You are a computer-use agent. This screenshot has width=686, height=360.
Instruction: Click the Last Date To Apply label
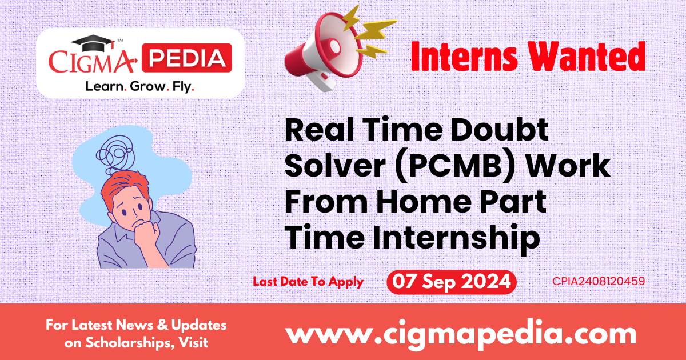coord(308,282)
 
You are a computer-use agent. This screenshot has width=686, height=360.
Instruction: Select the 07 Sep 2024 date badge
coord(451,282)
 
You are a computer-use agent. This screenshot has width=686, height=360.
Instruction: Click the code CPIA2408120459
coord(599,282)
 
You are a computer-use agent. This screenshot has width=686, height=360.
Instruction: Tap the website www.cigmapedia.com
coord(460,333)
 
